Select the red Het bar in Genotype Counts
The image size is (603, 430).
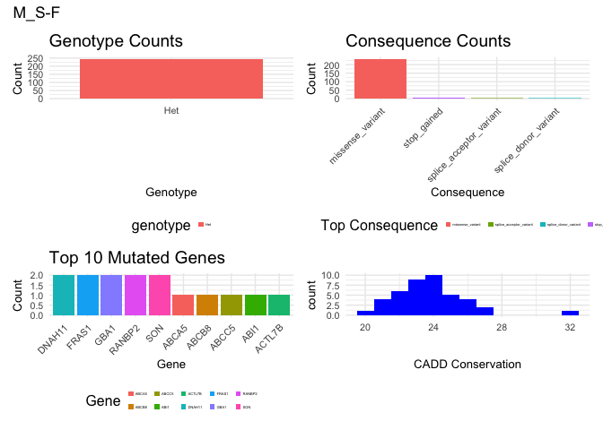tap(170, 79)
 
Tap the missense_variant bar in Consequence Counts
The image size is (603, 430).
tap(380, 79)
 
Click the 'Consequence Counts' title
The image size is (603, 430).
tap(428, 41)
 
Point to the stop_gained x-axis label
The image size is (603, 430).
tap(423, 126)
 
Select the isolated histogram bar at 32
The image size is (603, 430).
tap(571, 313)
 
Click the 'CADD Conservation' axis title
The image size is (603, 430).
tap(468, 365)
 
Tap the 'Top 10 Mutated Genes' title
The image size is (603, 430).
tap(136, 258)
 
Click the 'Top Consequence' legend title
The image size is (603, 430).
tap(379, 226)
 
